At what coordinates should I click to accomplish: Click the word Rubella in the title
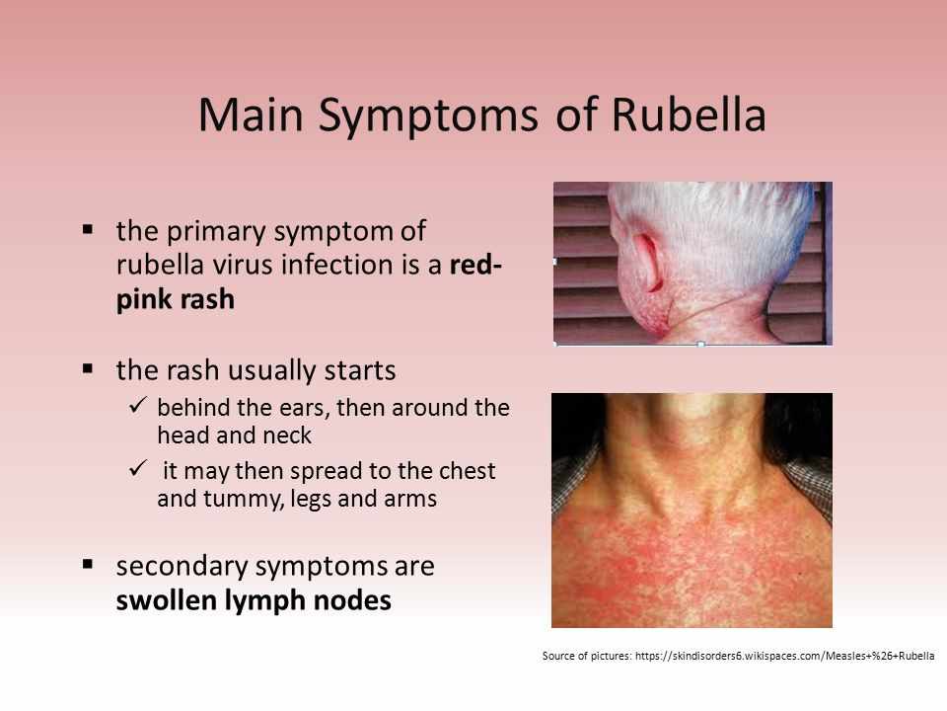689,115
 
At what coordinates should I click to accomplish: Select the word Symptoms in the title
428,118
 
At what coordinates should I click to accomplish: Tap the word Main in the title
251,115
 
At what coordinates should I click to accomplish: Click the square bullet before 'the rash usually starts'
88,368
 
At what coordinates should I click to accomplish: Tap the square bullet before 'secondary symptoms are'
88,564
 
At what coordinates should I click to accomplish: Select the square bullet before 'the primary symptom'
88,229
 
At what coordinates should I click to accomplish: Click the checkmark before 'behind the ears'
138,405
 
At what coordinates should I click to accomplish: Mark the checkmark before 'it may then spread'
138,468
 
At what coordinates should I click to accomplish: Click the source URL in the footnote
784,656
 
